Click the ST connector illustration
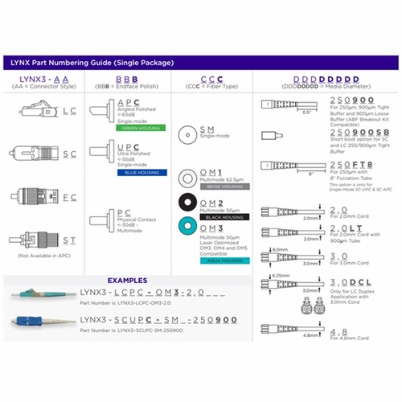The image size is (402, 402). click(28, 236)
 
